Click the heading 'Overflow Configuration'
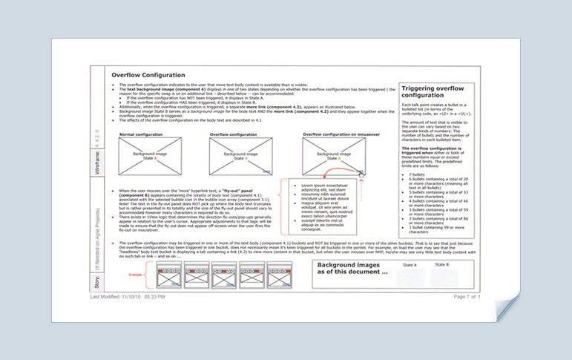148,75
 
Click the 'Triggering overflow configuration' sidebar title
427,91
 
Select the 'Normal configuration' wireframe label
139,134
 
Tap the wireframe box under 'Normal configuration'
149,156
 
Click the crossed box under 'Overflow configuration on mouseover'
332,156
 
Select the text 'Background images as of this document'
353,269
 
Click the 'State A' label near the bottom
410,265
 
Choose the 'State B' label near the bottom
442,265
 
